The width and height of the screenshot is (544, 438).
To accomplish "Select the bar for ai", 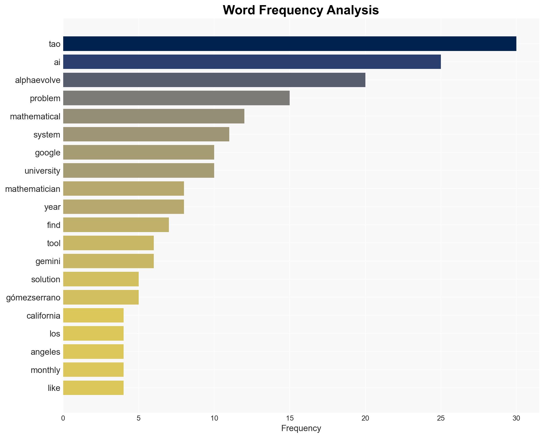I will point(252,62).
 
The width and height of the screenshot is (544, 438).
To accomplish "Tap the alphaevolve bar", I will point(214,80).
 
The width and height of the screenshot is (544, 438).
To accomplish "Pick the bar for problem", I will point(176,98).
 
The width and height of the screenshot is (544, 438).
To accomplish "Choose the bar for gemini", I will point(108,261).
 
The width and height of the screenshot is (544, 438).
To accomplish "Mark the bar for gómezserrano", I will point(101,297).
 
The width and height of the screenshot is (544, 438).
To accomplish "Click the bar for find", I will point(116,225).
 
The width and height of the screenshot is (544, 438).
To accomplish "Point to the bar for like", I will point(93,388).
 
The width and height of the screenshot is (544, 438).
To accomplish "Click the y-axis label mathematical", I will point(35,117).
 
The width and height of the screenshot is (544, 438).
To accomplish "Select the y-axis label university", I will point(42,171).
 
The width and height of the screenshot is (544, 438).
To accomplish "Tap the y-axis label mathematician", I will point(33,189).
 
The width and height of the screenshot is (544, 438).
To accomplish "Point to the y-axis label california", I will point(43,316).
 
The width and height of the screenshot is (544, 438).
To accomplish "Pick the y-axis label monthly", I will point(45,370).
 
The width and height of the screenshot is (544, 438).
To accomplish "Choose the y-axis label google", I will point(48,153).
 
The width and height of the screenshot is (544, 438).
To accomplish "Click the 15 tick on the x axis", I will point(290,418).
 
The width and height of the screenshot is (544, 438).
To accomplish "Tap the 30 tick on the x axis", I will point(516,418).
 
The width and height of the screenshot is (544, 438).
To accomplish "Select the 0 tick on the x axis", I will point(63,418).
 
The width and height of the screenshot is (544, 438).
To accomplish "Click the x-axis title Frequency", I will point(301,428).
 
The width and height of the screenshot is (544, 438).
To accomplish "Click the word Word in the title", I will point(240,10).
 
